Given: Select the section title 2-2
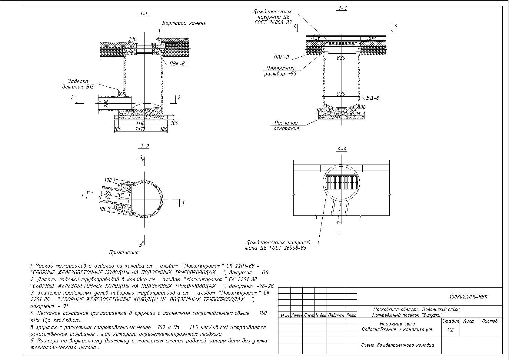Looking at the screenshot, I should pos(145,147).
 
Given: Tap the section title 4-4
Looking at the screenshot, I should pos(342,149).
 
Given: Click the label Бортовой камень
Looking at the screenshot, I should pos(184,23).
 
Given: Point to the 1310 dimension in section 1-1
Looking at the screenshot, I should pos(140,129).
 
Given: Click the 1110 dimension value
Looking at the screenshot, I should pos(140,124).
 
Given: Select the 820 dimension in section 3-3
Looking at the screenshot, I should pos(341,58).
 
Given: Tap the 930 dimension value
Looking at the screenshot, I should pos(341,94).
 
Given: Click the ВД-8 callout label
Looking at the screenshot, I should pos(373,98).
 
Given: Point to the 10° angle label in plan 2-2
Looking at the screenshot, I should pos(121,194).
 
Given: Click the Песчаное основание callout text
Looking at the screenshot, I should pos(286,125).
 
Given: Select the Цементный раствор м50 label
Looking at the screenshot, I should pos(280,71).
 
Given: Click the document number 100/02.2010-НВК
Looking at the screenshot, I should pos(469,297).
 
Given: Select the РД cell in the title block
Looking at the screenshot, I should pos(451,330).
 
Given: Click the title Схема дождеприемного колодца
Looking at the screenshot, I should pos(398,345).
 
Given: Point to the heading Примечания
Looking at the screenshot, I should pos(124,252).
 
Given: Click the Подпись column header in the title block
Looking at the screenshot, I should pos(336,315).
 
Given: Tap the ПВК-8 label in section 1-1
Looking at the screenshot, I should pos(176,64).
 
